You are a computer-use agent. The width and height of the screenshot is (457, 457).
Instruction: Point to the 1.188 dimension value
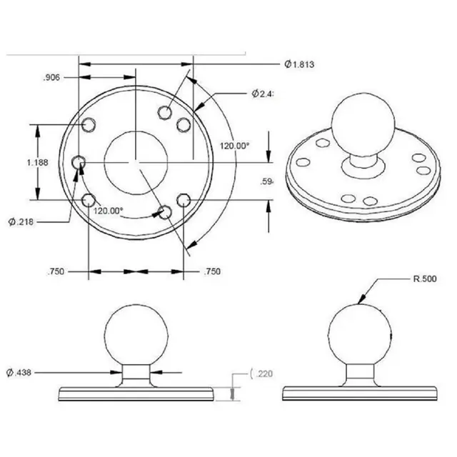point(36,163)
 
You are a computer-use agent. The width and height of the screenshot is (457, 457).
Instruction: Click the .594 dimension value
point(268,181)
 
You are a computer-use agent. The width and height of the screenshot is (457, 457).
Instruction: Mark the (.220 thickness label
point(260,374)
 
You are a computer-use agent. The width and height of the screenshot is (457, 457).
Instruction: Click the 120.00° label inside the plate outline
point(108,211)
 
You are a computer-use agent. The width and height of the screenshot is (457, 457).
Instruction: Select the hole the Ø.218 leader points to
point(89,201)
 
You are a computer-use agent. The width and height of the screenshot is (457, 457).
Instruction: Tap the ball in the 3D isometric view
point(361,123)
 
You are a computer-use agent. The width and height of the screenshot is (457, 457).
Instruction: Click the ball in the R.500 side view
point(359,335)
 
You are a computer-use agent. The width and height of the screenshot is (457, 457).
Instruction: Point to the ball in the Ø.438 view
point(136,335)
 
